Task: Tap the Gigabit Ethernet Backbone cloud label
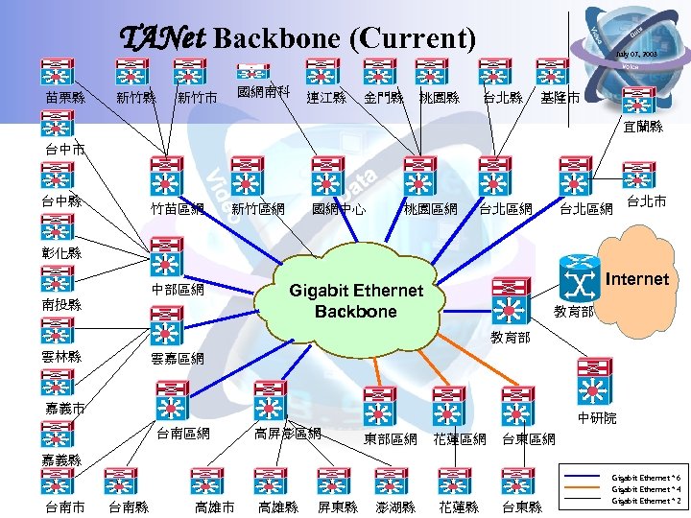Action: point(355,301)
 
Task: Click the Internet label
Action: point(637,279)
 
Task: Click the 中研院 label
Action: point(597,418)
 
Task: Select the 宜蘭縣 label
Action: point(642,127)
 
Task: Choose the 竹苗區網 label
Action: point(178,208)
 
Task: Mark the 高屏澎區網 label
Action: point(287,435)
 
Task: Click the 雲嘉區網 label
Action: point(178,359)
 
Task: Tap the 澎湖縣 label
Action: point(395,506)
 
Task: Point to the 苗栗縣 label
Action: point(64,98)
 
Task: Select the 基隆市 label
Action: point(559,98)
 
